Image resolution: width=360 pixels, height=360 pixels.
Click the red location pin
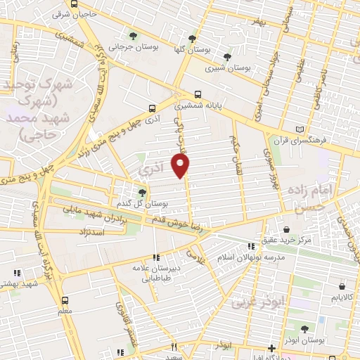pyautogui.click(x=181, y=166)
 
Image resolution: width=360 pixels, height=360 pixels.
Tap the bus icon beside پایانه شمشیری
pyautogui.click(x=199, y=94)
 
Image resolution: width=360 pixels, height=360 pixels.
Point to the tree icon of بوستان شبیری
pyautogui.click(x=226, y=57)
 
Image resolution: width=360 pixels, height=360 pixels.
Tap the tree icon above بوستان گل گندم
pyautogui.click(x=142, y=191)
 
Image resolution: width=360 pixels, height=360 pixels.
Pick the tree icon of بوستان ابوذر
pyautogui.click(x=304, y=328)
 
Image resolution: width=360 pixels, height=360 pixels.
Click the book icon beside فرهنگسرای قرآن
pyautogui.click(x=302, y=130)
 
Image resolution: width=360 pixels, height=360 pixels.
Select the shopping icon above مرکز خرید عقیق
pyautogui.click(x=286, y=229)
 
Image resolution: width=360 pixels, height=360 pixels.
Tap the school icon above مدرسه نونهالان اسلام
pyautogui.click(x=252, y=245)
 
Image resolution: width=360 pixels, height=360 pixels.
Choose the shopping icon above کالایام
pyautogui.click(x=342, y=287)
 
